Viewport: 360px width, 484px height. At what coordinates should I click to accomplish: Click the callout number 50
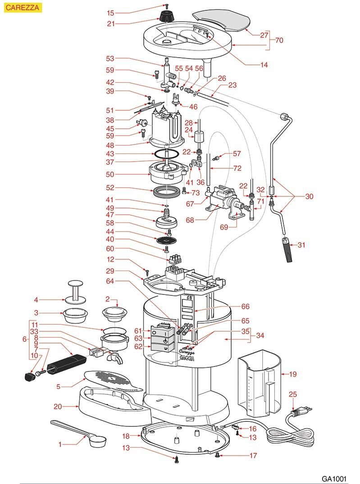point(110,174)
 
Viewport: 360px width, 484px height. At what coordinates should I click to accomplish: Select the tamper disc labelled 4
point(75,291)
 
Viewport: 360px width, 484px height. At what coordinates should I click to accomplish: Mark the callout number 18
point(126,436)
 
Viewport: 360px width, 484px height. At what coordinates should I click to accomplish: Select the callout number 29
point(110,271)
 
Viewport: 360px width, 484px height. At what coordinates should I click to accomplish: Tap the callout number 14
point(264,65)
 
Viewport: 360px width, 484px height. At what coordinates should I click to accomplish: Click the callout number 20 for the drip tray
point(58,407)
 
